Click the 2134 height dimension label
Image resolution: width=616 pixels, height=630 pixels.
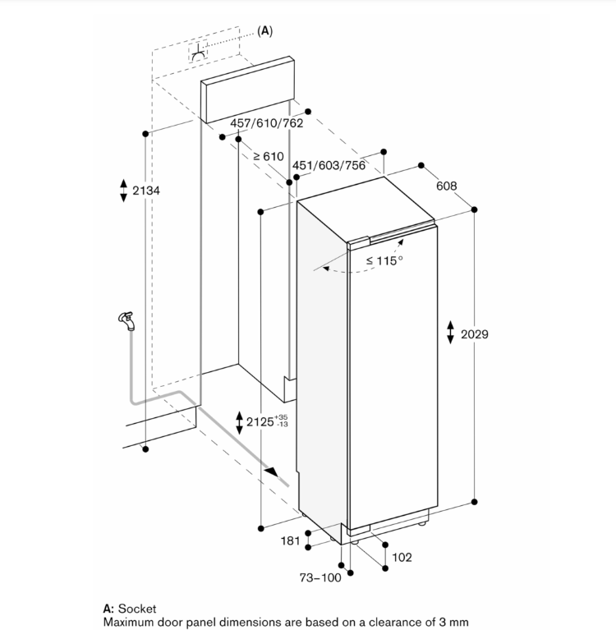coord(146,191)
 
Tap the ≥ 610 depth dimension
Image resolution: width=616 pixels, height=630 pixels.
coord(268,156)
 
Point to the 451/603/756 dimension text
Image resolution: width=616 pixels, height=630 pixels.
coord(329,165)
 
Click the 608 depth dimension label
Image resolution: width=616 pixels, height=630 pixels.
coord(446,186)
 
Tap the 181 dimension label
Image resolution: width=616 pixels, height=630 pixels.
coord(290,540)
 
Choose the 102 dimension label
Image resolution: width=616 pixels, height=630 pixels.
coord(402,558)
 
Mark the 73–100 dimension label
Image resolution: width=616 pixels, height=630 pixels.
coord(320,578)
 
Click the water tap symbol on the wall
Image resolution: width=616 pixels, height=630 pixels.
coord(125,320)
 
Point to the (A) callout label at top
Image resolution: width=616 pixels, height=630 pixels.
coord(264,30)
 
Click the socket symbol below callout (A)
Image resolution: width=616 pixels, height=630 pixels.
coord(199,53)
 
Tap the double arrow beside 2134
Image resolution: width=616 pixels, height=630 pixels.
coord(123,191)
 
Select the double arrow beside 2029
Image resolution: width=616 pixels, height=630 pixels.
coord(450,333)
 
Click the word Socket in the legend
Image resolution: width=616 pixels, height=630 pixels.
coord(137,609)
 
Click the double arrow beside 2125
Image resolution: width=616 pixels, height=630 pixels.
coord(239,423)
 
